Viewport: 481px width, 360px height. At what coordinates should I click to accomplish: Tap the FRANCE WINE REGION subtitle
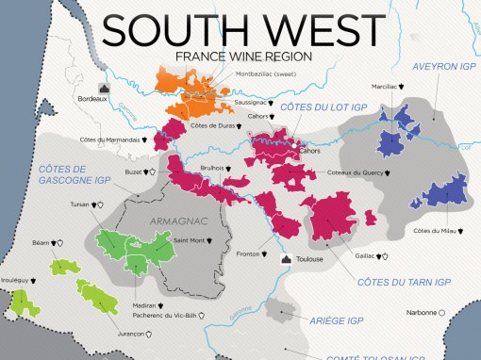click(x=242, y=57)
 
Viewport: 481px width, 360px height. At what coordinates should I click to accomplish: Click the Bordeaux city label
click(x=91, y=98)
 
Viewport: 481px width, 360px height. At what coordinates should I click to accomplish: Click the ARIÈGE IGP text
click(x=336, y=320)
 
